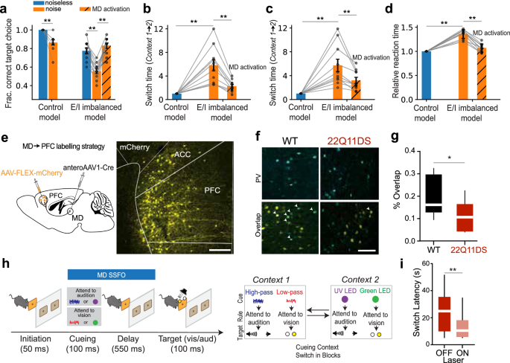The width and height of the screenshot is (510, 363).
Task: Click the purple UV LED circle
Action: pos(397,300)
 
